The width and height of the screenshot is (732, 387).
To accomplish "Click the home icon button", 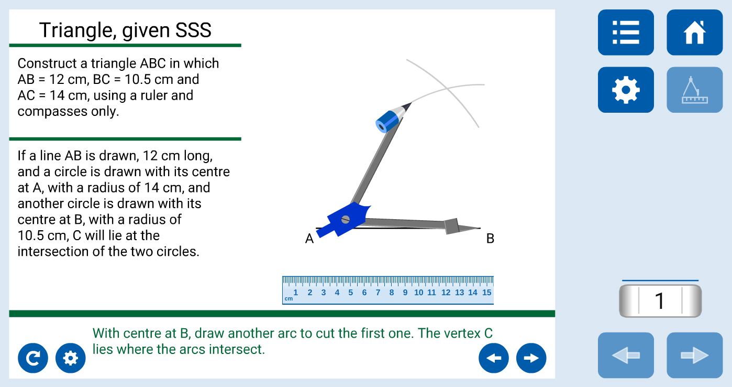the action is pyautogui.click(x=694, y=33).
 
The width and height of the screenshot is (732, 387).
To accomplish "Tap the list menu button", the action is pyautogui.click(x=626, y=33).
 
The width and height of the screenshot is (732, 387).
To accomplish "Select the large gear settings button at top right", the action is pyautogui.click(x=626, y=90).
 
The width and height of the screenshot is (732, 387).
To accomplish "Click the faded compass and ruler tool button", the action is pyautogui.click(x=694, y=90).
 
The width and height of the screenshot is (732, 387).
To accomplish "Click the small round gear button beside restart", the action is pyautogui.click(x=71, y=358).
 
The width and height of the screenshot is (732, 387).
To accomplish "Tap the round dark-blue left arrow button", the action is pyautogui.click(x=493, y=358).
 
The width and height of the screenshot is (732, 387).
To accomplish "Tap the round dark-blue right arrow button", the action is pyautogui.click(x=531, y=358).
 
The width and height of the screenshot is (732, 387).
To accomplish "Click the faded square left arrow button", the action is pyautogui.click(x=626, y=355).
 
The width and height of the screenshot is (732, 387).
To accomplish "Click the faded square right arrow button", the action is pyautogui.click(x=694, y=355).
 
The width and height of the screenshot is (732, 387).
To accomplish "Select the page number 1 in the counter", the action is pyautogui.click(x=660, y=301).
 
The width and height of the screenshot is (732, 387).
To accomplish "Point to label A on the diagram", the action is pyautogui.click(x=309, y=239).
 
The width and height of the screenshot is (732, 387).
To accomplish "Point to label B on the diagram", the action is pyautogui.click(x=490, y=239).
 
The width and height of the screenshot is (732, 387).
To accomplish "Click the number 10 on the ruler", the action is pyautogui.click(x=418, y=293).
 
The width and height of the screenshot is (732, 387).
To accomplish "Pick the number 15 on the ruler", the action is pyautogui.click(x=486, y=293).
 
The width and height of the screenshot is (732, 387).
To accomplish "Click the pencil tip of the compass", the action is pyautogui.click(x=411, y=103).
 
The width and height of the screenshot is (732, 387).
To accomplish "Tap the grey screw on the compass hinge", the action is pyautogui.click(x=346, y=220).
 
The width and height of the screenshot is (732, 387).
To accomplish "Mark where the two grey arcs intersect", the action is pyautogui.click(x=447, y=88).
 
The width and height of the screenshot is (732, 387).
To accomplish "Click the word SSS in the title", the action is pyautogui.click(x=193, y=30).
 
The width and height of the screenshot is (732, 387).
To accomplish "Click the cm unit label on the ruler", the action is pyautogui.click(x=289, y=298).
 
